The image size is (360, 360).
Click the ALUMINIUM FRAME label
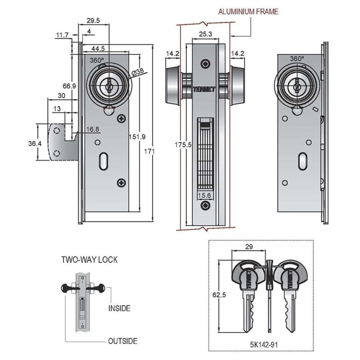tap(248, 12)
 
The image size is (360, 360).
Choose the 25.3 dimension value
tap(204, 34)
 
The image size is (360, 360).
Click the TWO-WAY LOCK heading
tap(89, 260)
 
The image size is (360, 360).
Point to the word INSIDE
tap(119, 309)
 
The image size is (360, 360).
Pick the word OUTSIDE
tap(123, 341)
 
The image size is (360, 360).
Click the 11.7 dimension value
tap(62, 35)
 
